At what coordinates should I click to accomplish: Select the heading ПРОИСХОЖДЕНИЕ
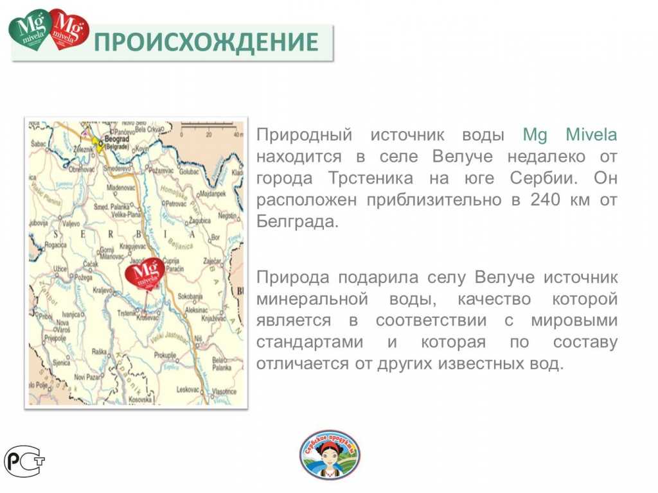(206, 42)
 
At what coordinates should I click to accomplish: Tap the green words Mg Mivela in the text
(570, 135)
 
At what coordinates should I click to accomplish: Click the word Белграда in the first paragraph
(296, 221)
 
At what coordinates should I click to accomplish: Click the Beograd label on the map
(117, 138)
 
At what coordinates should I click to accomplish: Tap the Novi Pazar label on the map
(88, 377)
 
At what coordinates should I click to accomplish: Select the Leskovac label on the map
(189, 389)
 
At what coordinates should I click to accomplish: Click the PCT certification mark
(24, 460)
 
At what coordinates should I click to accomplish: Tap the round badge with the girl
(330, 454)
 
